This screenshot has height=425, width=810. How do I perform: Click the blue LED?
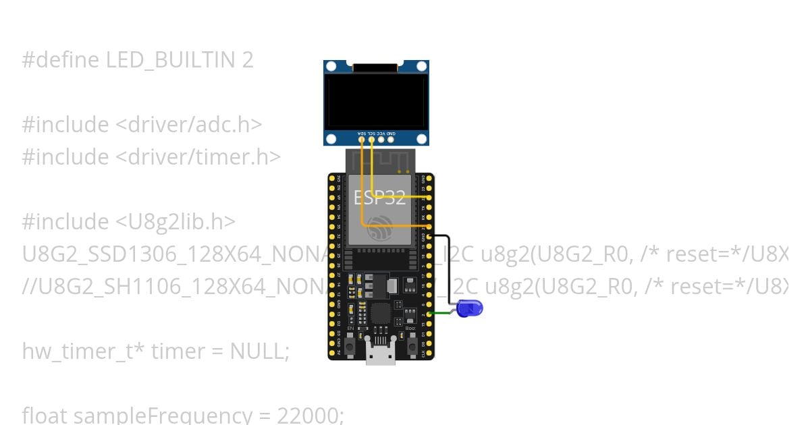point(470,308)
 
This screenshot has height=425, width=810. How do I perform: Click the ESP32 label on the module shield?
point(379,197)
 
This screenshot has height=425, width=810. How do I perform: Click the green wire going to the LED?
point(442,312)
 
